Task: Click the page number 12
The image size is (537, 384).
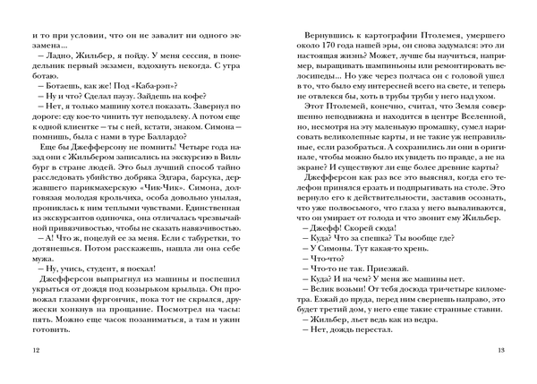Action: pyautogui.click(x=35, y=350)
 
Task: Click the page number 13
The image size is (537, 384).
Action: pyautogui.click(x=501, y=350)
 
